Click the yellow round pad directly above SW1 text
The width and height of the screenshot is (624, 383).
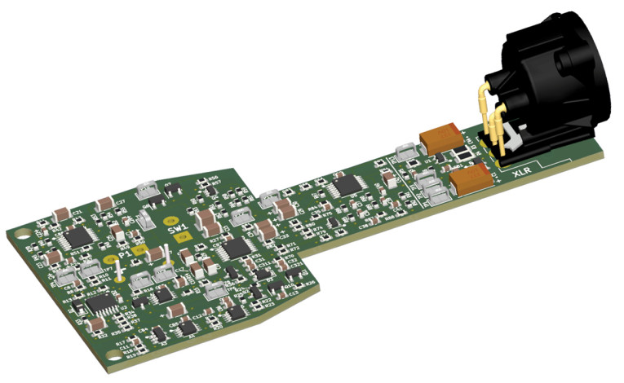(170, 220)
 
